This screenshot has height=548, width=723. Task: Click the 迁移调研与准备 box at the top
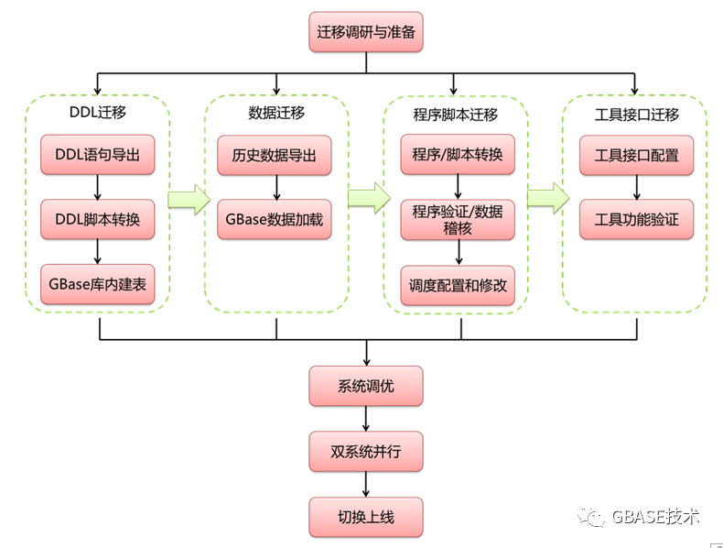pyautogui.click(x=366, y=33)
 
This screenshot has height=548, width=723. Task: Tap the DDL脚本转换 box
pyautogui.click(x=98, y=220)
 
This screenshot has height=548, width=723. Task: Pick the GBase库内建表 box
pyautogui.click(x=98, y=284)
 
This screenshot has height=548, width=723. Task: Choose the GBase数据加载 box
pyautogui.click(x=275, y=220)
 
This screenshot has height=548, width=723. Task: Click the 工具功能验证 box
pyautogui.click(x=637, y=220)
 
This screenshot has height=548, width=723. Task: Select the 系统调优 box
pyautogui.click(x=366, y=386)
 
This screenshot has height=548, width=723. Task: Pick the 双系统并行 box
pyautogui.click(x=366, y=451)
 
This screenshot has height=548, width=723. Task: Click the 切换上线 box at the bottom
pyautogui.click(x=366, y=517)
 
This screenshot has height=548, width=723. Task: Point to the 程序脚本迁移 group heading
pyautogui.click(x=456, y=115)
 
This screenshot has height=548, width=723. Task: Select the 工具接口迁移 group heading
pyautogui.click(x=637, y=115)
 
